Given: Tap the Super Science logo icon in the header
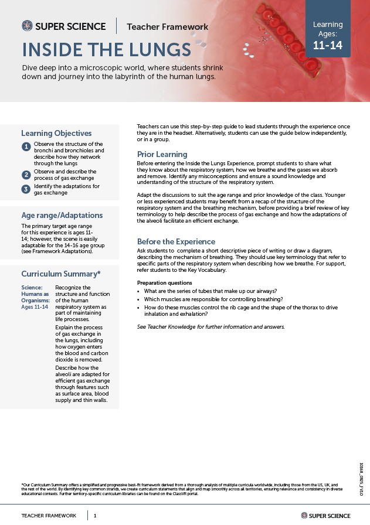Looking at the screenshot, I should point(27,26).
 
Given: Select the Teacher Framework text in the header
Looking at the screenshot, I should point(167,26).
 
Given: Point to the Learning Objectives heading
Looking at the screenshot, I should point(56,133).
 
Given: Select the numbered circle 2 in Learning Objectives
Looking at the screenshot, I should point(26,175).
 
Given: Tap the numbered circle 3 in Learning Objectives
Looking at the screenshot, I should point(26,189).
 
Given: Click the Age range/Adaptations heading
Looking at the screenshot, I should point(62,215).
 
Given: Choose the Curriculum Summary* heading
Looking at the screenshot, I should point(61,274).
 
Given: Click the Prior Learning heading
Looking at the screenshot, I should point(162,154).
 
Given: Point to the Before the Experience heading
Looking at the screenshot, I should point(176,241).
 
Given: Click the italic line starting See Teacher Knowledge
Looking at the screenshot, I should point(210,326).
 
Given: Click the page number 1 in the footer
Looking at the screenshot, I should point(95,516).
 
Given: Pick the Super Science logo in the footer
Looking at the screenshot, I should point(325,516).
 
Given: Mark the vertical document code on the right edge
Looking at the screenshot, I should point(361,479).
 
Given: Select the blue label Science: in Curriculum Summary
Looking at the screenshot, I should point(32,287).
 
